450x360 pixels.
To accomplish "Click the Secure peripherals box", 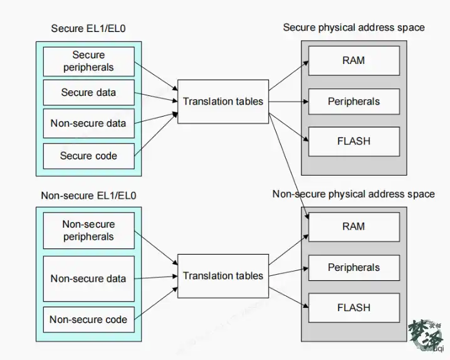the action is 88,61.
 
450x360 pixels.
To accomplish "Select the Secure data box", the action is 88,92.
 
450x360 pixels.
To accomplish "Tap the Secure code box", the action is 88,156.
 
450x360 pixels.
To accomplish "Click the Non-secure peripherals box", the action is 88,231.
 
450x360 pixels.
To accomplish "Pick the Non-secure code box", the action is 88,319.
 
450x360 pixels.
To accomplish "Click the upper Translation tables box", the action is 223,102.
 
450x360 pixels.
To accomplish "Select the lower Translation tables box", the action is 223,276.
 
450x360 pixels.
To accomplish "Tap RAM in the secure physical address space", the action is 354,61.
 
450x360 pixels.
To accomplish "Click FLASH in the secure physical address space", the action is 354,142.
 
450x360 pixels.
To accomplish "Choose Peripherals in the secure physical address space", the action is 354,102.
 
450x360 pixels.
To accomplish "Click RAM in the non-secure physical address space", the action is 354,227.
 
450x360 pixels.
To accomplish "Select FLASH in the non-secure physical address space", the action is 354,308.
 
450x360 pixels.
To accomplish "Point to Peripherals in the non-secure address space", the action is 354,268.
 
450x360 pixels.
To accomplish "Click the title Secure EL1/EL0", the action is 88,29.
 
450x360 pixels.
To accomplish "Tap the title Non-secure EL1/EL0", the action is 88,196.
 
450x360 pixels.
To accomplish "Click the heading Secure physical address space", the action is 354,28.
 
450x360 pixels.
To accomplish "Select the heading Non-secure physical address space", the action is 353,194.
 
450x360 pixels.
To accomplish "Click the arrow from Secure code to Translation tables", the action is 156,134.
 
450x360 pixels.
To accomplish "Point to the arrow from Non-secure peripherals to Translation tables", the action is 156,248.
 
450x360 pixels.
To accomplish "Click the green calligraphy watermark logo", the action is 426,336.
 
